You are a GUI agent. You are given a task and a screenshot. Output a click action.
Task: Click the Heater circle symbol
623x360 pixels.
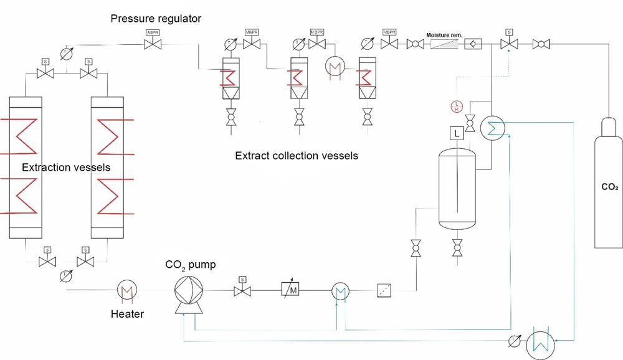click(x=127, y=290)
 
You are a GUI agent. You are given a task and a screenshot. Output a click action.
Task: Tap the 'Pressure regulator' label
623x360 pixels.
click(x=156, y=19)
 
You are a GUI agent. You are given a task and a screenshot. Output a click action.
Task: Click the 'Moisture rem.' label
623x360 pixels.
click(x=444, y=35)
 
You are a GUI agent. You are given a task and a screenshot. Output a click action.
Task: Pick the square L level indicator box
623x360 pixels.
click(x=457, y=133)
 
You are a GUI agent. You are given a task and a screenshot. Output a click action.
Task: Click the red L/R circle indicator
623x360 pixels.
click(x=457, y=105)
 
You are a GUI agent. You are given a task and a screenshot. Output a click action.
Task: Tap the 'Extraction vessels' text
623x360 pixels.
click(x=66, y=168)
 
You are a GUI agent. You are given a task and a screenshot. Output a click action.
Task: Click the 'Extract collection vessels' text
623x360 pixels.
click(x=297, y=156)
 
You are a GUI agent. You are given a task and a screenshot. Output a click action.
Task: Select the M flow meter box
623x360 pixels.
click(x=290, y=290)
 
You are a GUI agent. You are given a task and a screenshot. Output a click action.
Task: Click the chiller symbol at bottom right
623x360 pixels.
click(x=540, y=341)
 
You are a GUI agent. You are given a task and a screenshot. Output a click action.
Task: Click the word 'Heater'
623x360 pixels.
click(x=127, y=314)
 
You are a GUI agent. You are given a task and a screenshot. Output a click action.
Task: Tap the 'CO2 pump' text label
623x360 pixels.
click(x=191, y=265)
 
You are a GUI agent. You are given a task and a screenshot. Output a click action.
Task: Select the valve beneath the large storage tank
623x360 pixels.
click(x=457, y=248)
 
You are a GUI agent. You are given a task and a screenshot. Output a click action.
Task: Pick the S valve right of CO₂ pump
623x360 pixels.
click(x=241, y=291)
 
